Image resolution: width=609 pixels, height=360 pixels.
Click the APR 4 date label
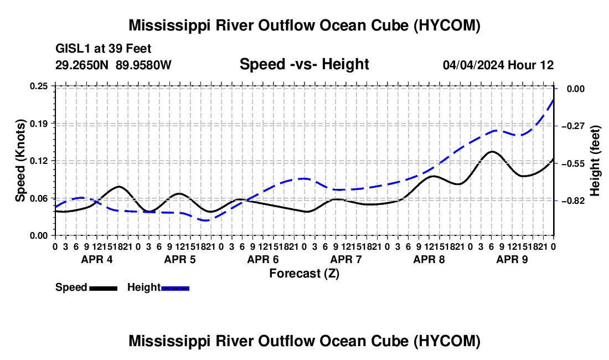(97, 259)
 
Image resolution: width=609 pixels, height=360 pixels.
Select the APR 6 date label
(263, 259)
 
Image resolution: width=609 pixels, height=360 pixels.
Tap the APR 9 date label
(512, 259)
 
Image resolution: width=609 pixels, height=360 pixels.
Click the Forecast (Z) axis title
(304, 274)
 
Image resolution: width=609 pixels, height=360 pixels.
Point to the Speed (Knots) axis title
(20, 161)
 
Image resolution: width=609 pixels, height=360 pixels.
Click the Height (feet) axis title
(595, 161)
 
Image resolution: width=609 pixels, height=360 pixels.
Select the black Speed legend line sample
(104, 288)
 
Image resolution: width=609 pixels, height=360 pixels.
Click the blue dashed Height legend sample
(175, 288)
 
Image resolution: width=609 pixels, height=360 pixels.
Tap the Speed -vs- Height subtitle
(304, 64)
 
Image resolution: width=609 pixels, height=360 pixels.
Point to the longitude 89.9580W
(143, 65)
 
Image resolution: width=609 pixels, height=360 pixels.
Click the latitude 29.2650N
(82, 65)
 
